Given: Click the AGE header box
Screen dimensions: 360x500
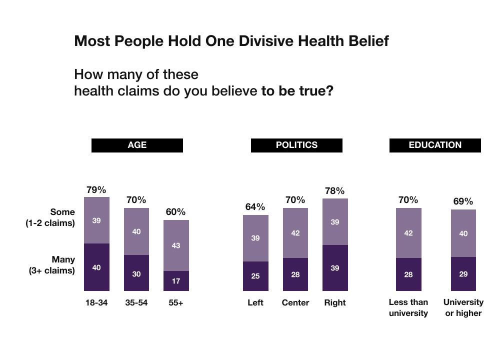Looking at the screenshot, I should [x=137, y=145].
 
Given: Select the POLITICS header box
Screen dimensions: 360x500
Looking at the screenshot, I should [x=296, y=145].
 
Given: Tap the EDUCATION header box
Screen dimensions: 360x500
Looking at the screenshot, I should [x=435, y=145].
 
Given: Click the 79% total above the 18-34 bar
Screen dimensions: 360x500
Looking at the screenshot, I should [x=96, y=190].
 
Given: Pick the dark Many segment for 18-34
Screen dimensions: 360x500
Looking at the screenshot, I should [x=96, y=267].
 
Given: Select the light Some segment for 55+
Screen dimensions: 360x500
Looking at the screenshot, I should [x=176, y=245].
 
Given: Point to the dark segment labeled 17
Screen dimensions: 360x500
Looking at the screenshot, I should [x=176, y=281].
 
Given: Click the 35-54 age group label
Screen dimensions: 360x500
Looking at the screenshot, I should [x=136, y=302].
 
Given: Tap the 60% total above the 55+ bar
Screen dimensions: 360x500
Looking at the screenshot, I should [x=175, y=211].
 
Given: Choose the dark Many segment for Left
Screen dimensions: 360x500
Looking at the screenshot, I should [x=255, y=276].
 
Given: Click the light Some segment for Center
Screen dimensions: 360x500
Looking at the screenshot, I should [x=295, y=233].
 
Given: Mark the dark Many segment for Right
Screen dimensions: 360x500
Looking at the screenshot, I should [x=335, y=268].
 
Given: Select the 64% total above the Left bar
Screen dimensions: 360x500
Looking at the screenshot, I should [x=255, y=207].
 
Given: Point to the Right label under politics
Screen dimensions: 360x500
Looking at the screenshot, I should [x=335, y=302].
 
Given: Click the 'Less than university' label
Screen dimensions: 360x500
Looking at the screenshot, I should [x=408, y=307].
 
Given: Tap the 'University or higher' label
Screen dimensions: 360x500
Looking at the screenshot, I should [x=463, y=307].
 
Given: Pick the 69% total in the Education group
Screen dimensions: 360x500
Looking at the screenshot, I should [x=463, y=201].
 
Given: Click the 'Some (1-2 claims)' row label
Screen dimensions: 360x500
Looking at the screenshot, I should [x=50, y=217].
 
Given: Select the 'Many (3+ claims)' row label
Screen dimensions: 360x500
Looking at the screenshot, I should [x=50, y=265].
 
